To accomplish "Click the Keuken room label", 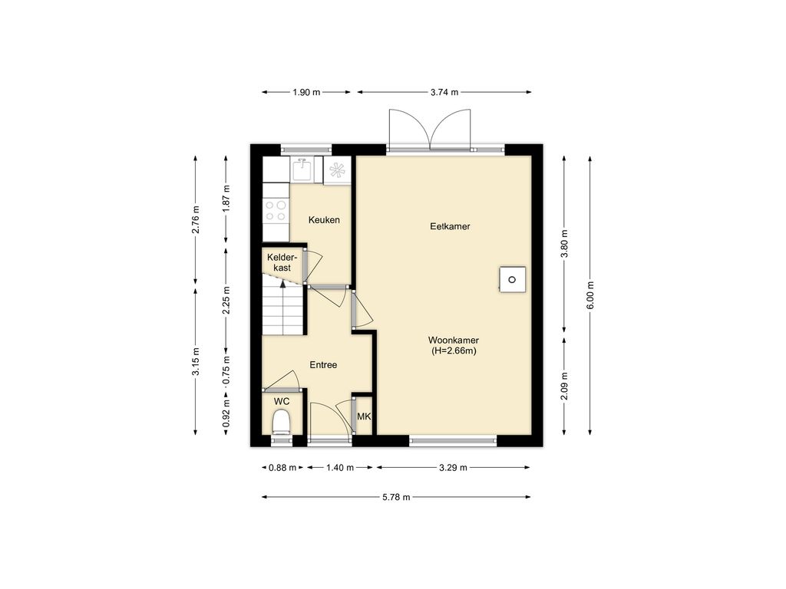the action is pos(324,220).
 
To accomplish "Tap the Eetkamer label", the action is pos(450,226).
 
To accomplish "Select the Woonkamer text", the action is pos(454,340).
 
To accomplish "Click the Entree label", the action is pos(323,365).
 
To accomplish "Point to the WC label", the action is pos(282,402).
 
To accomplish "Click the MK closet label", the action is pos(364,416).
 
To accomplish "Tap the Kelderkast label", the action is pos(279,262).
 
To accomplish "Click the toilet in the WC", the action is pos(281,422).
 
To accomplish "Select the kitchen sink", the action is pos(302,169).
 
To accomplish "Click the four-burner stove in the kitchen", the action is pos(276,211).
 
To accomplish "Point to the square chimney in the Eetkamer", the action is pos(512,279).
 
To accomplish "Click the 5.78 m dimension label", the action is pos(396,497).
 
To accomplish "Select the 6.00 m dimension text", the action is pos(590,295).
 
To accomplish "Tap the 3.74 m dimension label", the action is pos(444,92).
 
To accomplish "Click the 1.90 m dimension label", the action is pos(306,92).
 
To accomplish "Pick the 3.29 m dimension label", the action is pos(453,468).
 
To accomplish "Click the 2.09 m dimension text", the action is pos(564,387).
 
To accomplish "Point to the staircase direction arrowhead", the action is pos(282,284).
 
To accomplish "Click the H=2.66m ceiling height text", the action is pos(454,351).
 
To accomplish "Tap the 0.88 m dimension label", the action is pos(282,468).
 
